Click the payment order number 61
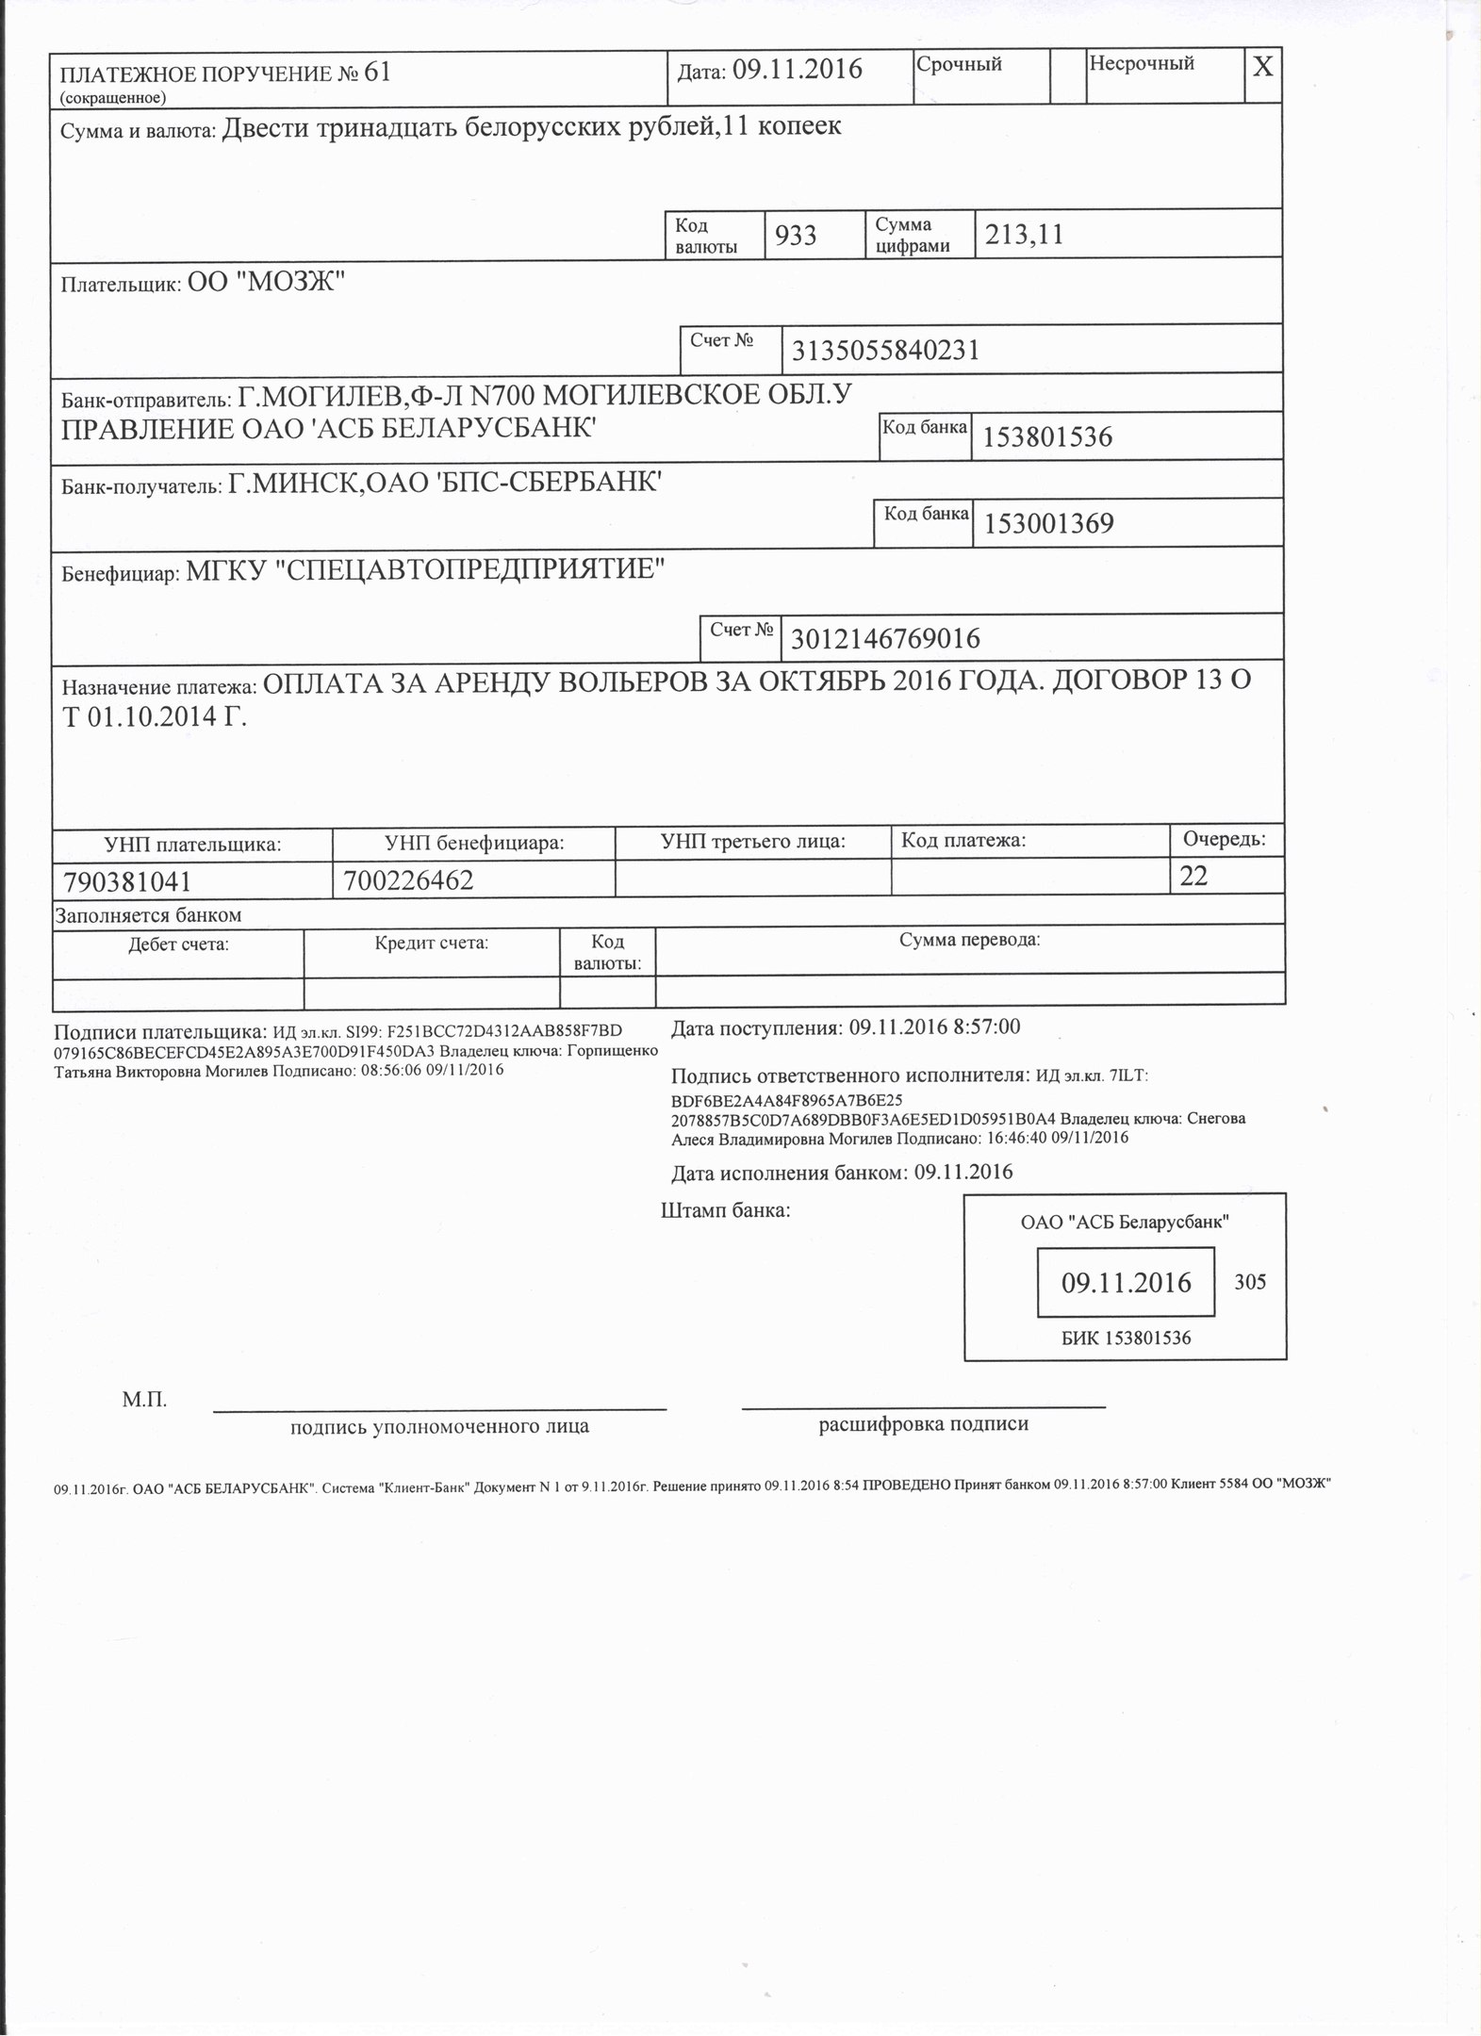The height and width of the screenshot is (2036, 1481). click(376, 74)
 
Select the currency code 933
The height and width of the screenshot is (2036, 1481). click(796, 235)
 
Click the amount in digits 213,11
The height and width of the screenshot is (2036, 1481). click(1024, 235)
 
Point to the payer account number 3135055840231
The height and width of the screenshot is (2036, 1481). click(885, 351)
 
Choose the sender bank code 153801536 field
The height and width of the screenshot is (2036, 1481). click(1047, 437)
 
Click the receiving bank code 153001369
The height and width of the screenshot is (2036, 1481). click(1048, 523)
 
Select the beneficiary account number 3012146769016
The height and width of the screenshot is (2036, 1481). click(885, 639)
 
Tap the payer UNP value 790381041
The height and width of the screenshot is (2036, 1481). click(127, 881)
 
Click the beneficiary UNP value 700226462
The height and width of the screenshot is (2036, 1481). click(408, 880)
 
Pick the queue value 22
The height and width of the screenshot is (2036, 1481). click(1193, 877)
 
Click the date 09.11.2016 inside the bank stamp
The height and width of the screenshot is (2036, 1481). click(1126, 1282)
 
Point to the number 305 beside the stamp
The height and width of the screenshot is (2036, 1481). click(1250, 1282)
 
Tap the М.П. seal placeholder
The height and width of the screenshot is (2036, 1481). click(144, 1400)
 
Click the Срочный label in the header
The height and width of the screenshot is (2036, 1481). click(959, 64)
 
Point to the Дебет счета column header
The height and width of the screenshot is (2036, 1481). click(178, 944)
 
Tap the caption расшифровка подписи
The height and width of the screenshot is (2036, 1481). click(923, 1424)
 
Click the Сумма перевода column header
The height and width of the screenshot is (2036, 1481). click(969, 940)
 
